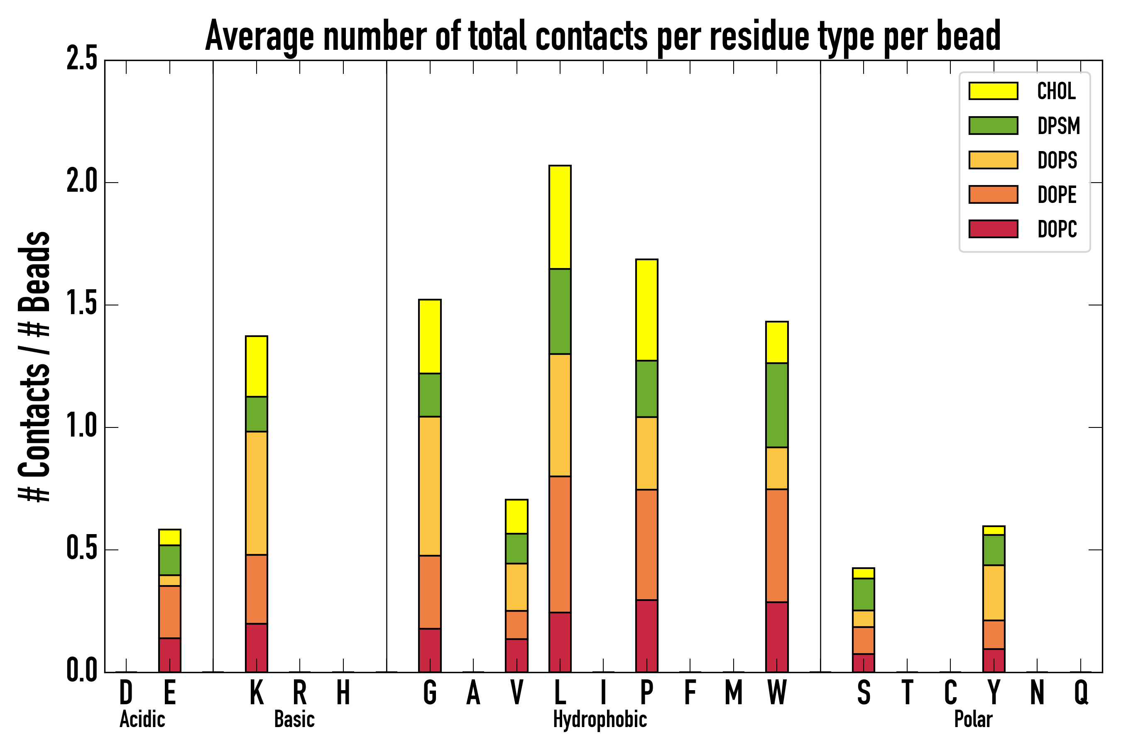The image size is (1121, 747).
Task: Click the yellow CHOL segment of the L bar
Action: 560,217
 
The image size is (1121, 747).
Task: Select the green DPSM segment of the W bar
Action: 777,405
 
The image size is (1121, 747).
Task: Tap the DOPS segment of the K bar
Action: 257,493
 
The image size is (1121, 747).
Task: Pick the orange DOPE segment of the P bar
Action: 647,544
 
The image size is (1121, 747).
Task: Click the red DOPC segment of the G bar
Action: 430,650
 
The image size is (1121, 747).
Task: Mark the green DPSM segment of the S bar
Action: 864,595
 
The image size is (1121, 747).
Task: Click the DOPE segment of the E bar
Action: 170,612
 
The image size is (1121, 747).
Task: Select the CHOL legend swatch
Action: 993,91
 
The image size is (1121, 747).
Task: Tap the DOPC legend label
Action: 1057,229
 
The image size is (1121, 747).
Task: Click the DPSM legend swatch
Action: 993,126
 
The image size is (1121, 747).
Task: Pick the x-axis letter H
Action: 343,693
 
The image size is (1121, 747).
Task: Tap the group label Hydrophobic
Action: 600,719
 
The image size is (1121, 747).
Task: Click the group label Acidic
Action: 142,719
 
